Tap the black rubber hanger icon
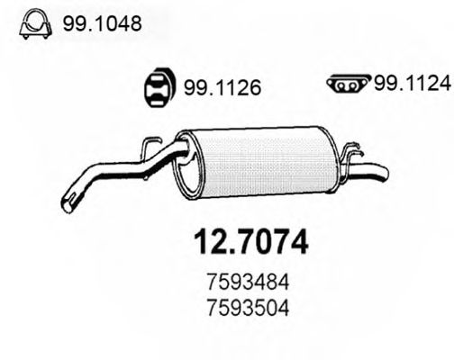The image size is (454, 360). point(161,87)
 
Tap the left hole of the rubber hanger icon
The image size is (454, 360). point(154,88)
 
